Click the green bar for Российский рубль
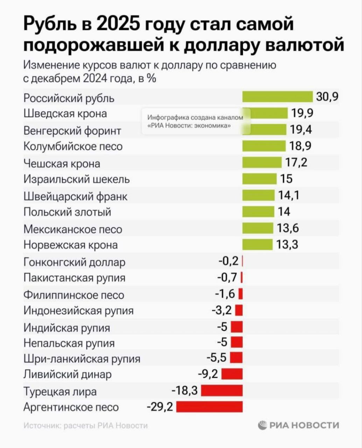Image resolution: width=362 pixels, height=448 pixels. (277, 97)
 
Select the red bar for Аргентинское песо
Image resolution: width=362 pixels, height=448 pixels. (209, 406)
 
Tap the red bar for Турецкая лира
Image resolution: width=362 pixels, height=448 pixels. (222, 390)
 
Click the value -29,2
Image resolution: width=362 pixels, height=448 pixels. (160, 407)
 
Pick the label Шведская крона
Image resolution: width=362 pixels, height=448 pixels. (65, 113)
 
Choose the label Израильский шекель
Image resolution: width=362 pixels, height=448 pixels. (77, 179)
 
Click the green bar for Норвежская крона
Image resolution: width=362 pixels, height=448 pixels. (257, 244)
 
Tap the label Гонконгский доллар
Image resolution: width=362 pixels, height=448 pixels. (74, 262)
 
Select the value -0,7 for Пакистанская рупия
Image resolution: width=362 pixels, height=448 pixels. (227, 278)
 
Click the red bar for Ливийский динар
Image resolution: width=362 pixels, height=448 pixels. (232, 374)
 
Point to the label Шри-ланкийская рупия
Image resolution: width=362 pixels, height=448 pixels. (82, 359)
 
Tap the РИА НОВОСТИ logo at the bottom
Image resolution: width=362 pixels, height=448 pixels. (299, 425)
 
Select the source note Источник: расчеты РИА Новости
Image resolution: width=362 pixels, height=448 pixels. (86, 426)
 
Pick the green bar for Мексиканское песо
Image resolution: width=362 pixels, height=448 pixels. (258, 228)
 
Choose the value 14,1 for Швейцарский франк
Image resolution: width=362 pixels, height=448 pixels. (288, 195)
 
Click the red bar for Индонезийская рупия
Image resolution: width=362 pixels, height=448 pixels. (239, 310)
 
